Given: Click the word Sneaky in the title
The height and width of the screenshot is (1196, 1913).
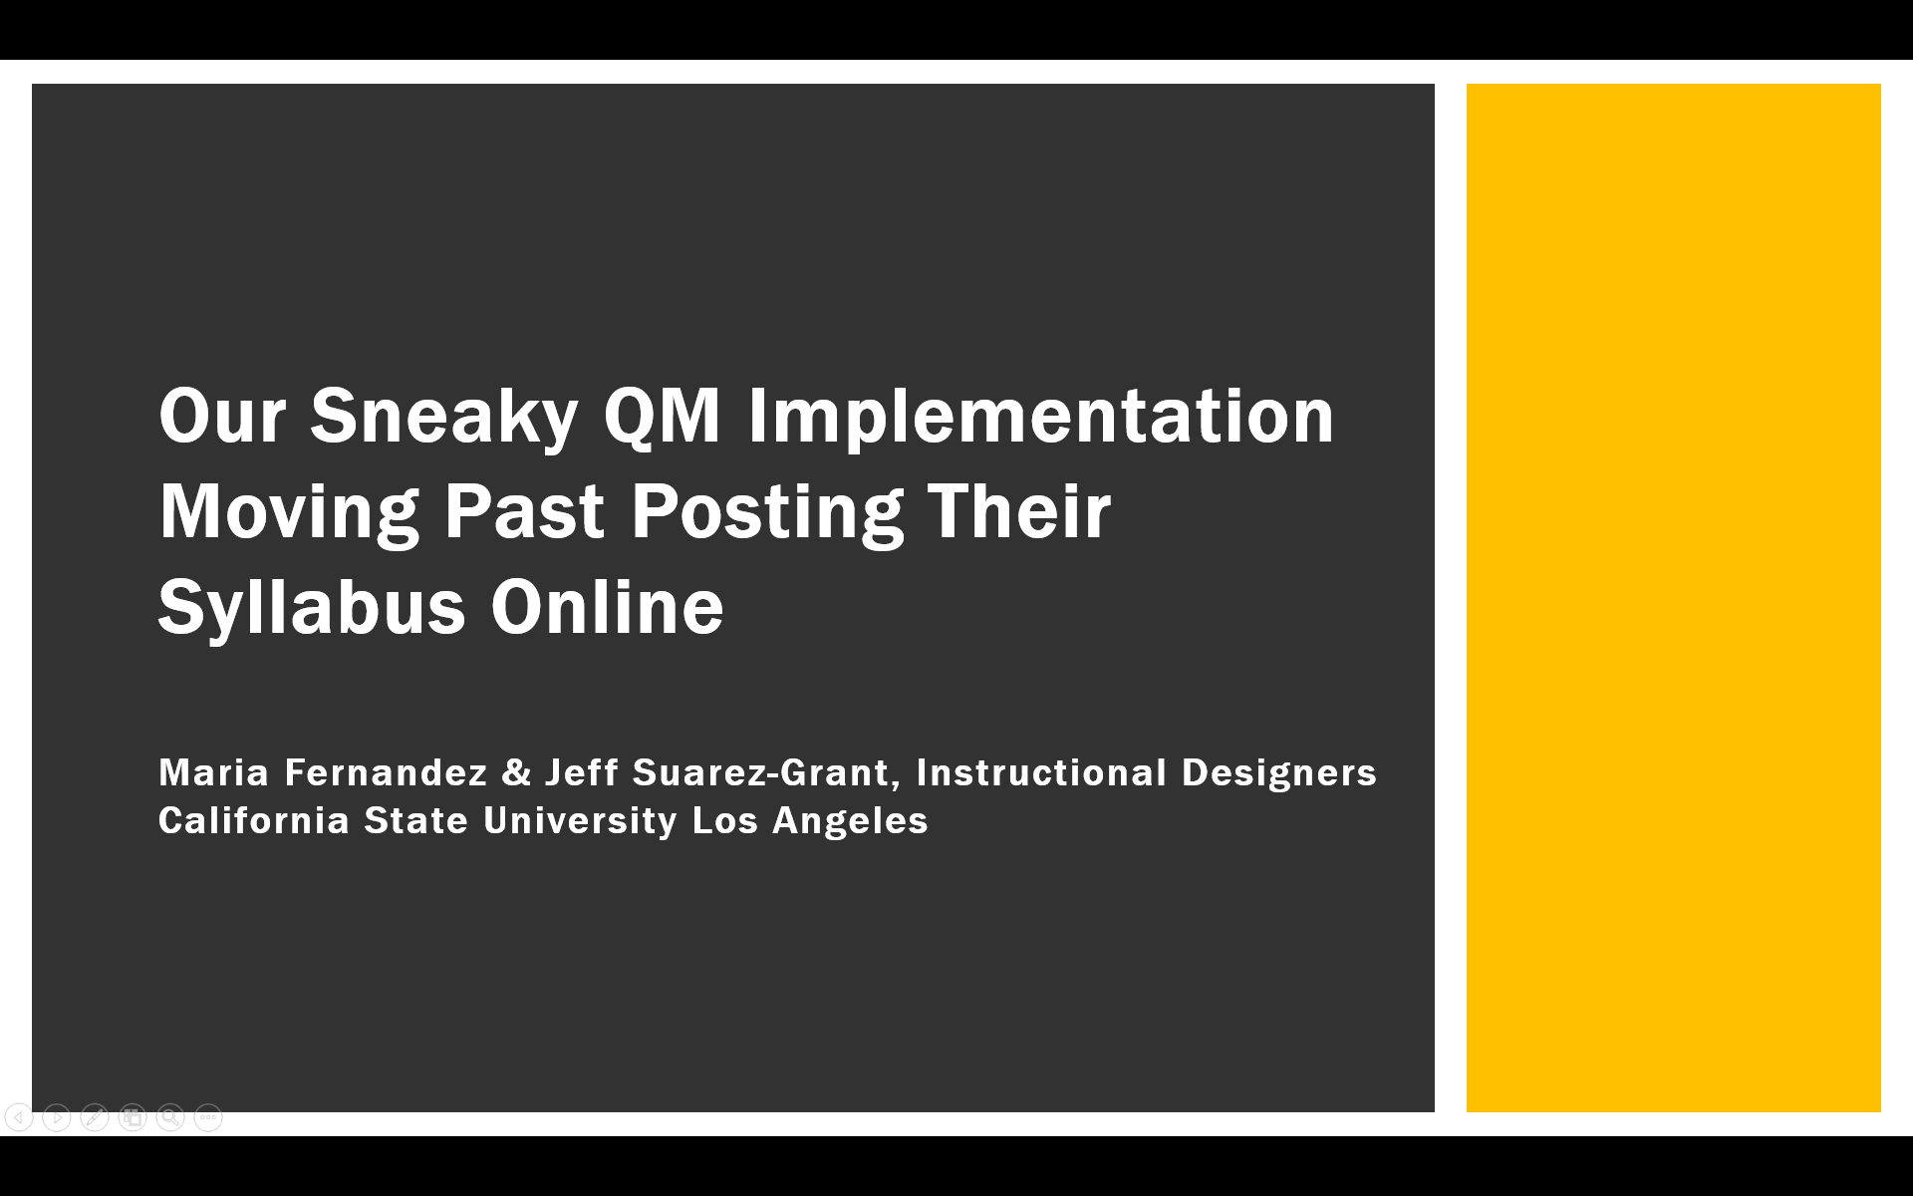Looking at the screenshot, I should pos(443,416).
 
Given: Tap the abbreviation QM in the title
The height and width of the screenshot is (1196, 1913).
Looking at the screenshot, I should pos(662,416).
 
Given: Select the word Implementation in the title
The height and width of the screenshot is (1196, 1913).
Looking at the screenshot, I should pos(1040,416).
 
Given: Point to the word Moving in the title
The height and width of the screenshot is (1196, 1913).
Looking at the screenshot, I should pos(289,511).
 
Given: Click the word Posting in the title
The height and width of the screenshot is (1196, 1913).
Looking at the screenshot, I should pos(767,511).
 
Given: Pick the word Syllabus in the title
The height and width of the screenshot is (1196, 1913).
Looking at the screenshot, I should pos(312,607).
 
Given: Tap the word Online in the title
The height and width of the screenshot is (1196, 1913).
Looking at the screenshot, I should pos(607,607).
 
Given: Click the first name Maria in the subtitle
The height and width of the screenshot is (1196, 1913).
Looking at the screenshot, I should pos(214,772).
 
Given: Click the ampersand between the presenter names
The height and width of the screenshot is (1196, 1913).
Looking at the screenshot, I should pos(516,772).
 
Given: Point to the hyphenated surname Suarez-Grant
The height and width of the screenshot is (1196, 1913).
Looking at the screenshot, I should pos(760,772).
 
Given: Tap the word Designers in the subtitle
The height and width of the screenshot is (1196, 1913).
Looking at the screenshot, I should pos(1279,772).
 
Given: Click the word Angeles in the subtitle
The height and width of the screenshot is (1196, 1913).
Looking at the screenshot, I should pos(850,820).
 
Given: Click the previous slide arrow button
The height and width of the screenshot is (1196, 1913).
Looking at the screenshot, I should pos(19,1117).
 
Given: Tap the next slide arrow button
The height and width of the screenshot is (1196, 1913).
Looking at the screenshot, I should pos(57,1117).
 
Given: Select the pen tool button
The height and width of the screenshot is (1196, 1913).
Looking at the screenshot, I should pos(95,1117).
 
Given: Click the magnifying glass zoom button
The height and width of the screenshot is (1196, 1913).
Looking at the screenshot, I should pos(170,1117).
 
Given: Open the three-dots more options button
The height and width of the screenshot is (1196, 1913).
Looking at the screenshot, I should pos(208,1117).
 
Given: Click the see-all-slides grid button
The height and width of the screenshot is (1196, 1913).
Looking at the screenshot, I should pos(133,1117).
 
